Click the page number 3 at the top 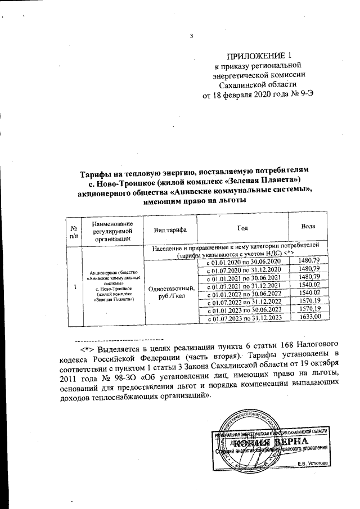[191, 37]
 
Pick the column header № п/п [74, 231]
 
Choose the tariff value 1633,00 [310, 318]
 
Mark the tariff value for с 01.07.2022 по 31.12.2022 [310, 301]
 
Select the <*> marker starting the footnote [87, 349]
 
